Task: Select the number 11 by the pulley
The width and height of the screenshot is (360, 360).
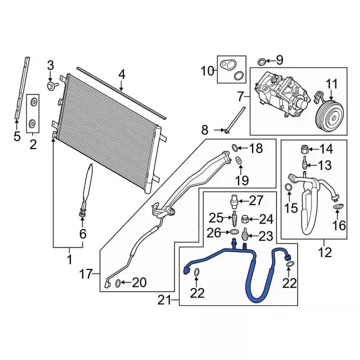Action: pos(332,85)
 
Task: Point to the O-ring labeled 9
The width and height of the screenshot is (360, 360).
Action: pos(262,61)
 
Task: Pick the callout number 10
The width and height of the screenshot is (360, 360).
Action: pos(208,71)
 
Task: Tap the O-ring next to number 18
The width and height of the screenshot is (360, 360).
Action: pos(235,148)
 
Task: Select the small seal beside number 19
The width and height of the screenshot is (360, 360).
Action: pos(239,163)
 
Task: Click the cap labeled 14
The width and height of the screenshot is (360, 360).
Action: pos(304,150)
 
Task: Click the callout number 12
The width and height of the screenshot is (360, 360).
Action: pos(325,253)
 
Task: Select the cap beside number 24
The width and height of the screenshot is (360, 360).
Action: pos(245,218)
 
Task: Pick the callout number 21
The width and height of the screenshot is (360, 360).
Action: pos(164,301)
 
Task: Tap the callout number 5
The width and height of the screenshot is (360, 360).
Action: pos(16,136)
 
